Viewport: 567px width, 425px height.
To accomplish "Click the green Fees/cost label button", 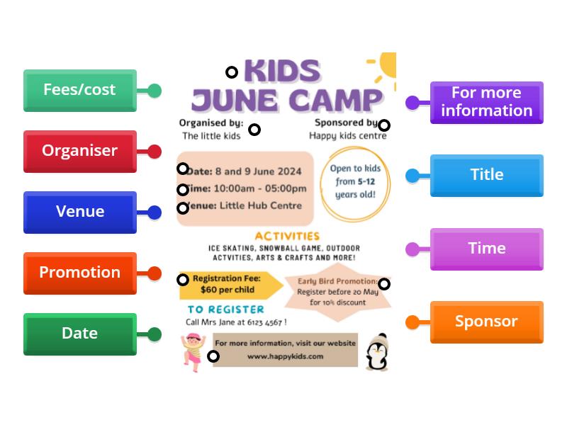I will coord(79,90).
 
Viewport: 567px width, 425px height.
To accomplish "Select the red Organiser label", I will coord(79,151).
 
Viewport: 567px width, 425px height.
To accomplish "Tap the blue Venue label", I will coord(79,212).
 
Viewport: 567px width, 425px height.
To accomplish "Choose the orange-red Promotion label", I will coord(79,273).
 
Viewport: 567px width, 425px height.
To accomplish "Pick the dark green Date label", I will coord(79,334).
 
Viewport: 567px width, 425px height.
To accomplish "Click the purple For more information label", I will coord(486,102).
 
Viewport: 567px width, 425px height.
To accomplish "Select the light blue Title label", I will coord(486,175).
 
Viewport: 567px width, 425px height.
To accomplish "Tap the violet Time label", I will coord(486,249).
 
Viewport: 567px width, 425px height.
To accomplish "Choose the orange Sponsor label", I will coord(486,322).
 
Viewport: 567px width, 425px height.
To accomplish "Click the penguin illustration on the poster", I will coord(377,352).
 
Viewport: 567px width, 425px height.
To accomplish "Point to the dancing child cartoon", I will coord(192,350).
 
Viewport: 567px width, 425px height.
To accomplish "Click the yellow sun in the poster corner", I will coord(386,66).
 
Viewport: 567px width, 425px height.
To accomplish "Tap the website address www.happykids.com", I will coord(285,356).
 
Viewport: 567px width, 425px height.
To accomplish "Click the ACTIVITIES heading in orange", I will coord(287,236).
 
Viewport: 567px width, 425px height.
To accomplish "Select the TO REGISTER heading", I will coord(225,310).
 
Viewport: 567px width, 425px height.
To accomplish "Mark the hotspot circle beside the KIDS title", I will coord(232,72).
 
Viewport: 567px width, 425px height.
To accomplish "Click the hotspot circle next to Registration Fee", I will coord(183,280).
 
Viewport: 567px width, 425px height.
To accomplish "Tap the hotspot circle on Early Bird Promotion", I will coord(383,284).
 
